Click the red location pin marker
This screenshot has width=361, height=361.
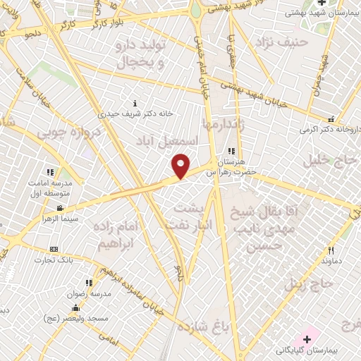(x=181, y=165)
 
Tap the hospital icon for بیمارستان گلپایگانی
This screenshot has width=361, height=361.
(x=307, y=339)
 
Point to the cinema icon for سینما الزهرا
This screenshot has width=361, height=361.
(x=60, y=208)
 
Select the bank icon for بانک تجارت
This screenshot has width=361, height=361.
(x=54, y=250)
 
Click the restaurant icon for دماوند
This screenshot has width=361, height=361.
(x=331, y=250)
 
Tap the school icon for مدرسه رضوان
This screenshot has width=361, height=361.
(x=80, y=283)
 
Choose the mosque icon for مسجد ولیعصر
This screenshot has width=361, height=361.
(x=75, y=308)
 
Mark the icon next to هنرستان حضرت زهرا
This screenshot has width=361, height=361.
(x=231, y=151)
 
